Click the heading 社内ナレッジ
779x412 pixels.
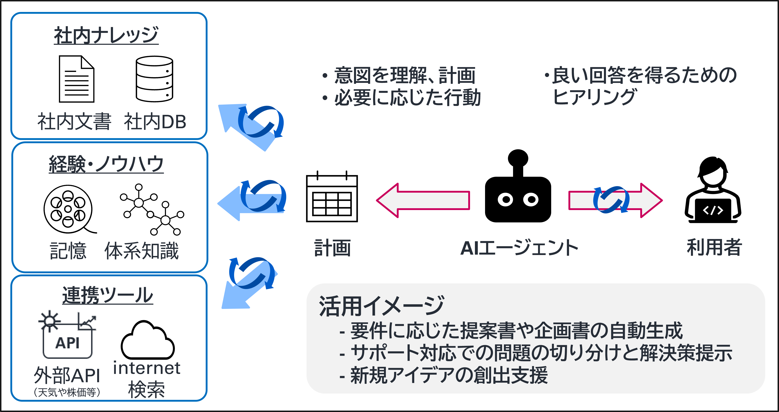106,35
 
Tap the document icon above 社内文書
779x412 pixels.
76,79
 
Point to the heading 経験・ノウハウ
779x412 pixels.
106,165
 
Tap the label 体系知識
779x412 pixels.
142,251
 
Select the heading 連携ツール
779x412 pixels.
108,295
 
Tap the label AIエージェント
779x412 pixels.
519,248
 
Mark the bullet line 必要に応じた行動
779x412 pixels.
407,98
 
